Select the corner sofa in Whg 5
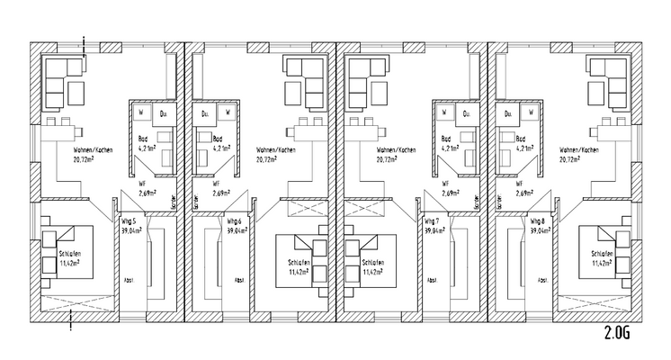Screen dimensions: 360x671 tap(62, 77)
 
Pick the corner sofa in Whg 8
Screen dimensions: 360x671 tap(602, 77)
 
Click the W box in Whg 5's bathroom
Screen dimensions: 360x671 tap(142, 112)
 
